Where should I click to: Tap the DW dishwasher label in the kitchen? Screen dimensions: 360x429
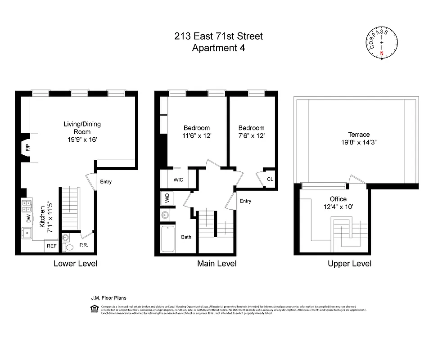(x=28, y=219)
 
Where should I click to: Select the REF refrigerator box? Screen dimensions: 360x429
(x=51, y=246)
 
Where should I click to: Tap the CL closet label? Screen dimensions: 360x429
(x=270, y=179)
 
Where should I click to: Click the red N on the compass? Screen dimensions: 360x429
(x=382, y=53)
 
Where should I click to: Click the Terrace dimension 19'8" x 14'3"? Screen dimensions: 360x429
(x=358, y=142)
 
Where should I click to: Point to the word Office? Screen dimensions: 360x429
(x=338, y=199)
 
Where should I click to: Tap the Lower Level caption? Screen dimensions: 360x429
(x=75, y=263)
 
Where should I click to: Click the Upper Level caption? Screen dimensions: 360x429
(x=350, y=263)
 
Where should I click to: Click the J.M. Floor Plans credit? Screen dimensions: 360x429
(x=108, y=298)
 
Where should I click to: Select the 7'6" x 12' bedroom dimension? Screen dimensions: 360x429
(x=251, y=135)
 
